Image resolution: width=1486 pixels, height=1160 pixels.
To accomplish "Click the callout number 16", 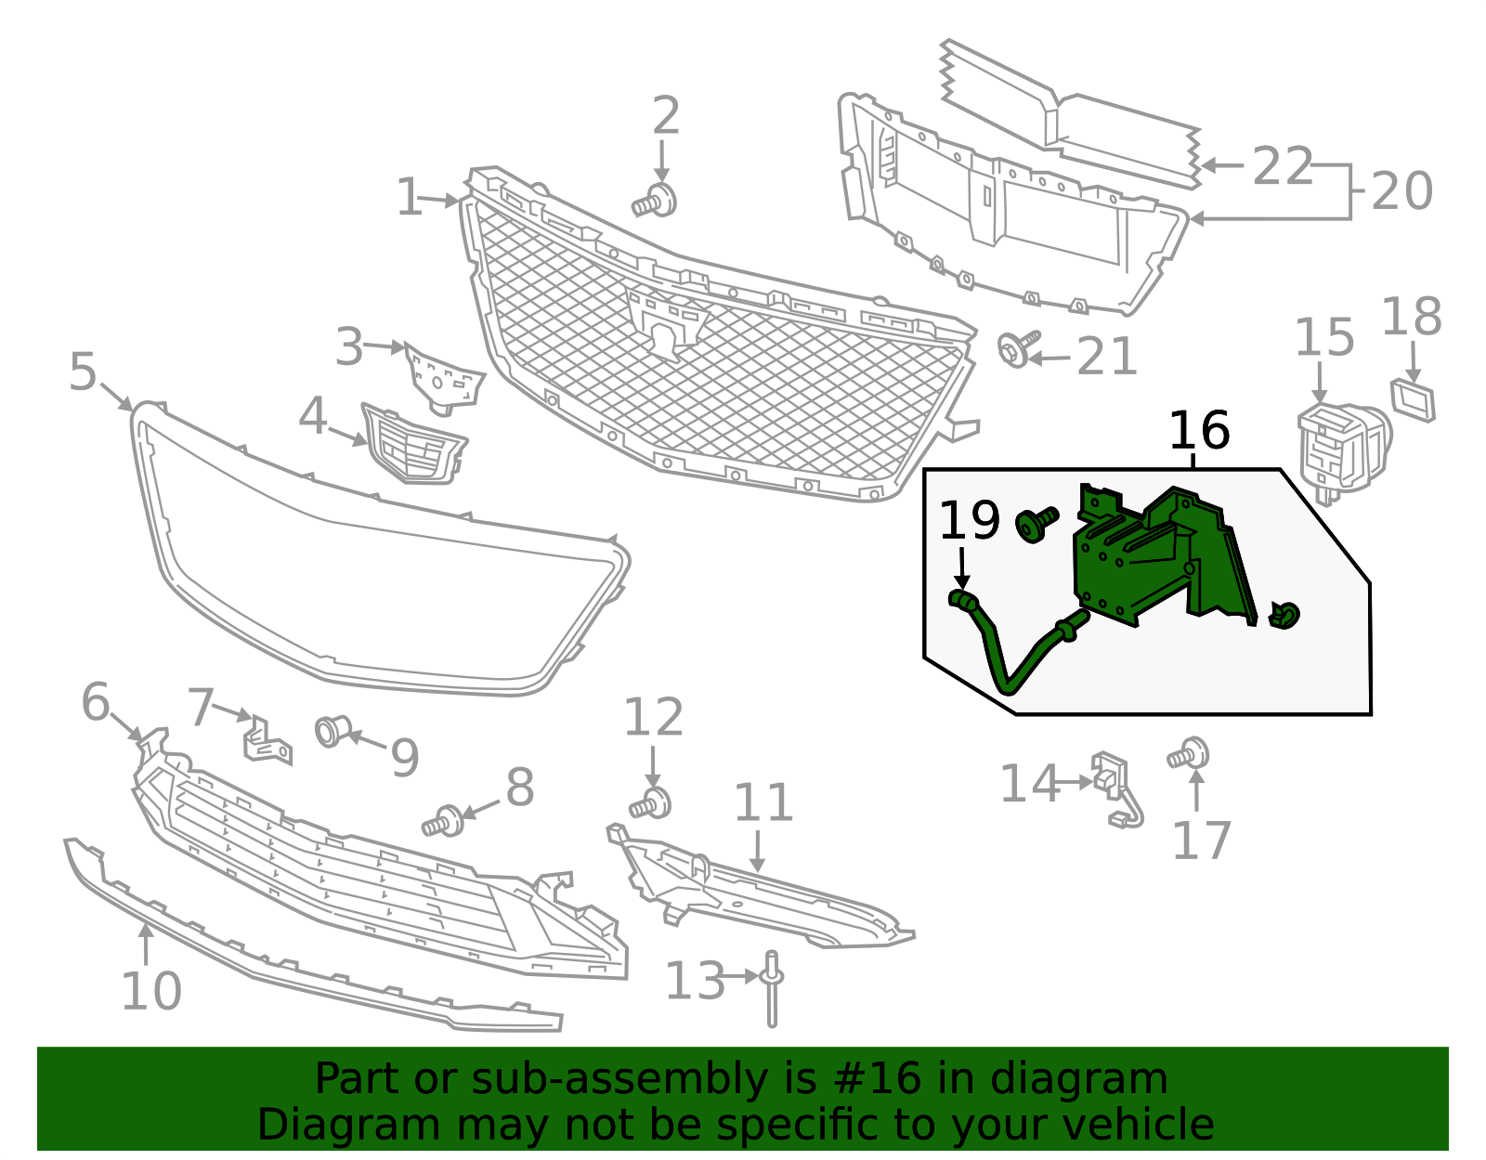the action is point(1199,430).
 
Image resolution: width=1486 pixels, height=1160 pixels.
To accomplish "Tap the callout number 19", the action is point(969,520).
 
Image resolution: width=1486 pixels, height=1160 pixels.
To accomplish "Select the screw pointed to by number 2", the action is point(655,202).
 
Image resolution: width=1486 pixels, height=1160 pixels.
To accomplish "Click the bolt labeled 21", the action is point(1019,349).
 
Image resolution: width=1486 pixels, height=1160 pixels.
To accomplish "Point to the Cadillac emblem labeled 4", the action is point(413,444).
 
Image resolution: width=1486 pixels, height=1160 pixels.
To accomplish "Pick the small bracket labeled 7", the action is point(267,740).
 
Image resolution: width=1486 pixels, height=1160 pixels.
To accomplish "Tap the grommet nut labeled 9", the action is point(333,731).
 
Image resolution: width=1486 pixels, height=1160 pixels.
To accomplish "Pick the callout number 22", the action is point(1283,166).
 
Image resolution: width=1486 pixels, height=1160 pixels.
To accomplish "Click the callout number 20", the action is point(1401,191).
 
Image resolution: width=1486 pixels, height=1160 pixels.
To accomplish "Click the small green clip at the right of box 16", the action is point(1284,615).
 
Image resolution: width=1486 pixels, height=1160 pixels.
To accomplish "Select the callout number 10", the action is point(151,990).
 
